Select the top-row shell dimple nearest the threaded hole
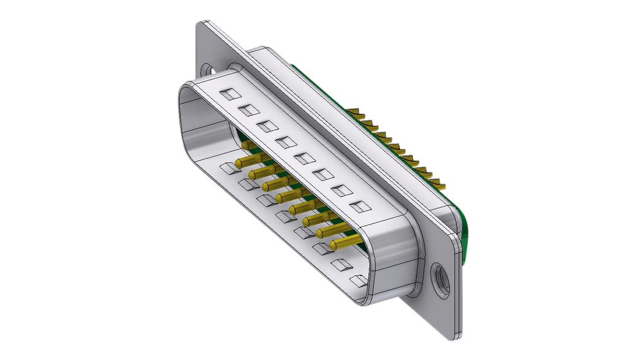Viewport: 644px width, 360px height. [x=359, y=206]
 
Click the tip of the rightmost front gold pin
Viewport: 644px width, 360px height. [x=333, y=245]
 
